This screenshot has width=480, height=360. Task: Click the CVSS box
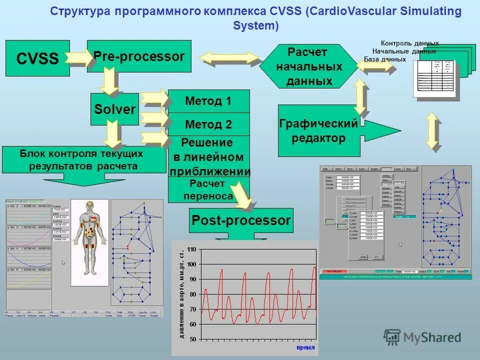[37, 58]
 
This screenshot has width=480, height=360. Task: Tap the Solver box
[114, 108]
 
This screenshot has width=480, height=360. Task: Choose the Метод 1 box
[208, 101]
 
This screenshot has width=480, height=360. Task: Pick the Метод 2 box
[208, 124]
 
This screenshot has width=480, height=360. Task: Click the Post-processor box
[240, 220]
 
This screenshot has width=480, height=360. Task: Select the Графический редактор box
[319, 130]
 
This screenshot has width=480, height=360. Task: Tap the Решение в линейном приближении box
[208, 156]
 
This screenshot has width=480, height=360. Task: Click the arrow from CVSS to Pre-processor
[78, 58]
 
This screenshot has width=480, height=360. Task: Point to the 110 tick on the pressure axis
[192, 248]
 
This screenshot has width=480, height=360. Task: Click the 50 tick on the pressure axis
[192, 339]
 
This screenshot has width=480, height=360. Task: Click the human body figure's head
[90, 206]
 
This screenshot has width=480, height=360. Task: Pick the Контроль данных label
[409, 43]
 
